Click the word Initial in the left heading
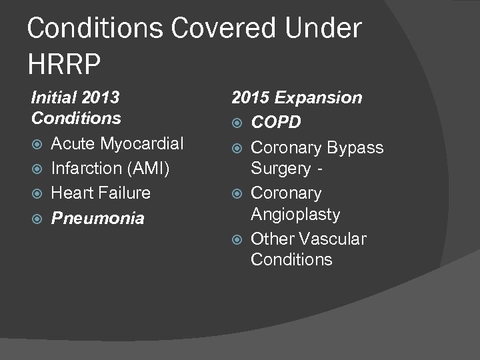53,98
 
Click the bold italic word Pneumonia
97,218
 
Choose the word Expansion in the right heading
319,98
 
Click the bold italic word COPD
276,123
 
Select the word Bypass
355,147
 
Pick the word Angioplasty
295,215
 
